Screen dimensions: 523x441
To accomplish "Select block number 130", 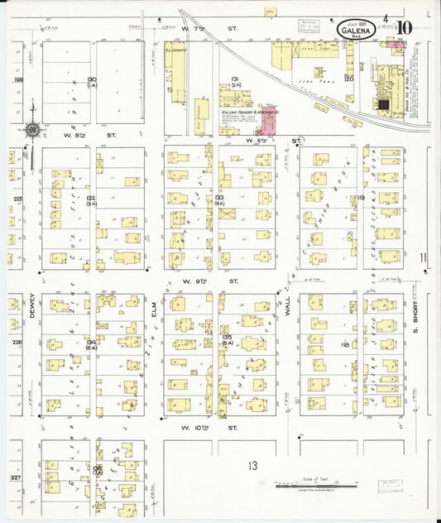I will pyautogui.click(x=91, y=80).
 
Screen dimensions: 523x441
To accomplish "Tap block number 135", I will pyautogui.click(x=227, y=338).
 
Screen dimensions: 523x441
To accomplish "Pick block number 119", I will pyautogui.click(x=360, y=199).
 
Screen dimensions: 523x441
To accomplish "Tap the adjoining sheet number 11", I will pyautogui.click(x=424, y=258).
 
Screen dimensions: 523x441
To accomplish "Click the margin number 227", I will pyautogui.click(x=16, y=477).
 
